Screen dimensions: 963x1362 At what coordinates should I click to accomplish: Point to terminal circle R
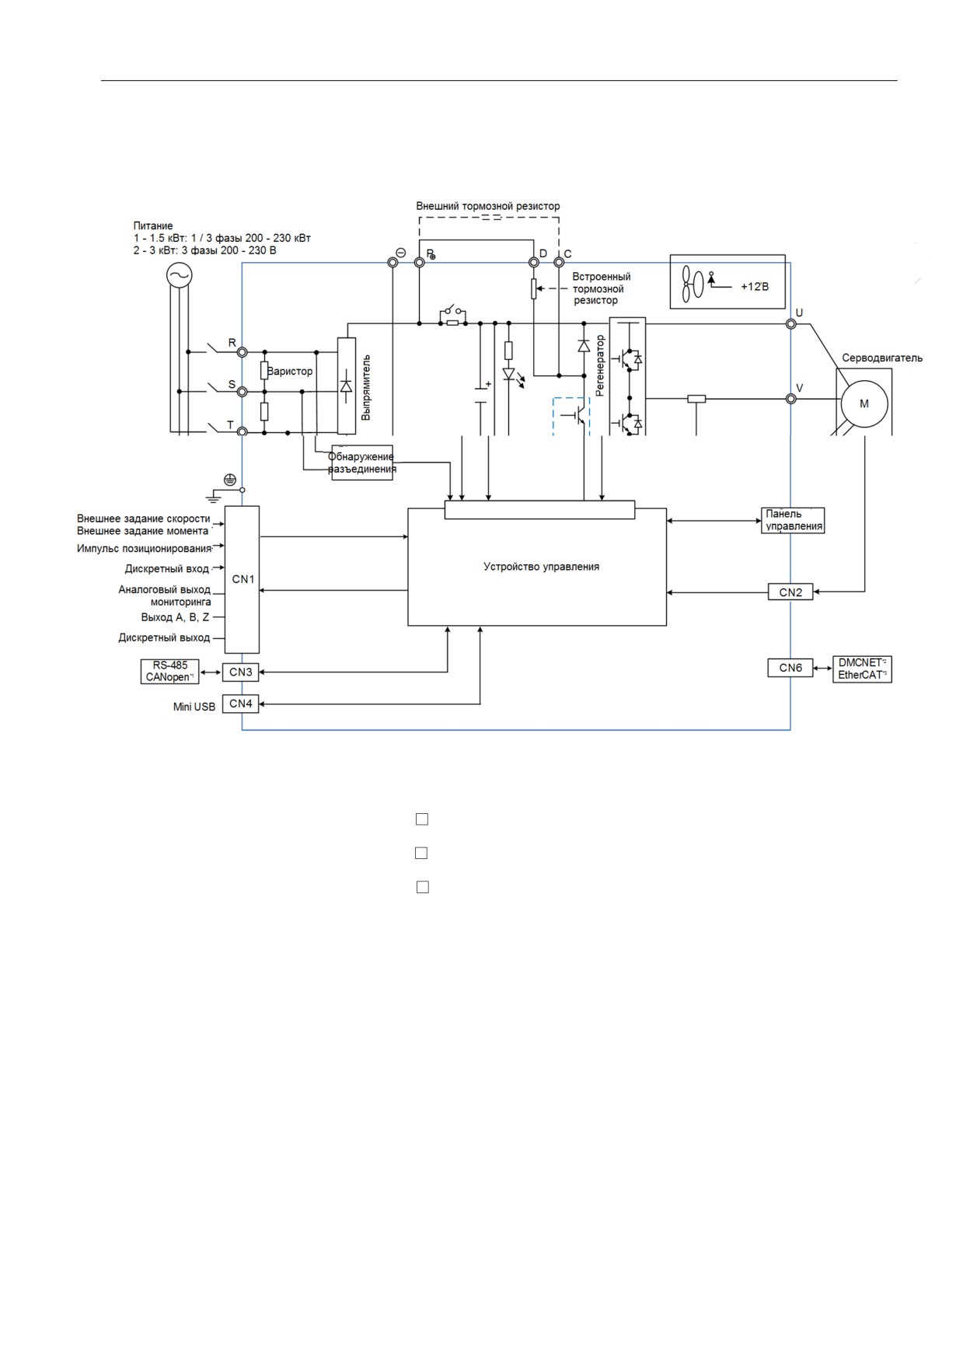(x=242, y=352)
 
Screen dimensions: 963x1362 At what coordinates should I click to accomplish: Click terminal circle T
(x=242, y=431)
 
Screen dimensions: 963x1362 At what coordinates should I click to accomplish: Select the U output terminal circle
(x=791, y=324)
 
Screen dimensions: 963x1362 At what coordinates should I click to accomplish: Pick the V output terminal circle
(x=791, y=399)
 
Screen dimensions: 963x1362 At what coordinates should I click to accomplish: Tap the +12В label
(x=754, y=286)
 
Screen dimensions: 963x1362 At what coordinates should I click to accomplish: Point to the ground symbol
(x=214, y=495)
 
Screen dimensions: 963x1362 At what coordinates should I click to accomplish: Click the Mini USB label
(x=194, y=707)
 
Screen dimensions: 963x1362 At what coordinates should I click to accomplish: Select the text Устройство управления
(x=541, y=567)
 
